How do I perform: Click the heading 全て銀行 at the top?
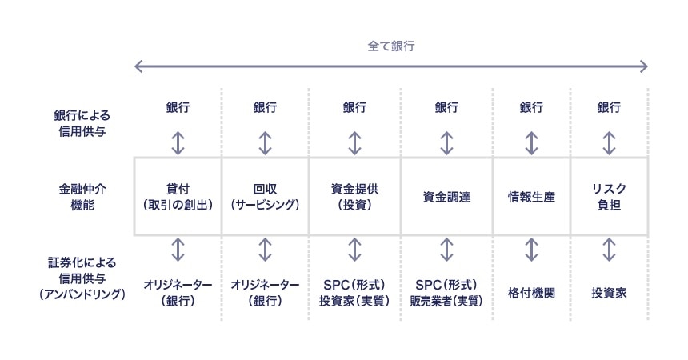391,46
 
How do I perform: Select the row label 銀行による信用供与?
82,123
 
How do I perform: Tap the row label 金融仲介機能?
82,197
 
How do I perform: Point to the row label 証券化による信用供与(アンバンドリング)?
82,278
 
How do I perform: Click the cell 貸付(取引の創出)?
178,197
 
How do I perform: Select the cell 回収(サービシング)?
265,197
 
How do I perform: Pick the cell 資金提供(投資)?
354,197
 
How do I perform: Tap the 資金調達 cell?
446,197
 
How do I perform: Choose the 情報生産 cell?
531,197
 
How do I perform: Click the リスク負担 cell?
609,197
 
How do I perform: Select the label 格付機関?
531,293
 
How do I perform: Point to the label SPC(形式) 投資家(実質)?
354,293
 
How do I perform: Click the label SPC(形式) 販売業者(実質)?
446,293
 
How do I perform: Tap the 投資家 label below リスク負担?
609,293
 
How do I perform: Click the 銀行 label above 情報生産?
531,107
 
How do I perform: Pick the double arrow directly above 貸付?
178,143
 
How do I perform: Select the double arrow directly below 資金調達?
446,250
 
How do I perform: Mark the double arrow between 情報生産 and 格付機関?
531,250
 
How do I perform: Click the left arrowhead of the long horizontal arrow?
136,66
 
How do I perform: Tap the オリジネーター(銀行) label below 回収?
265,293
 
